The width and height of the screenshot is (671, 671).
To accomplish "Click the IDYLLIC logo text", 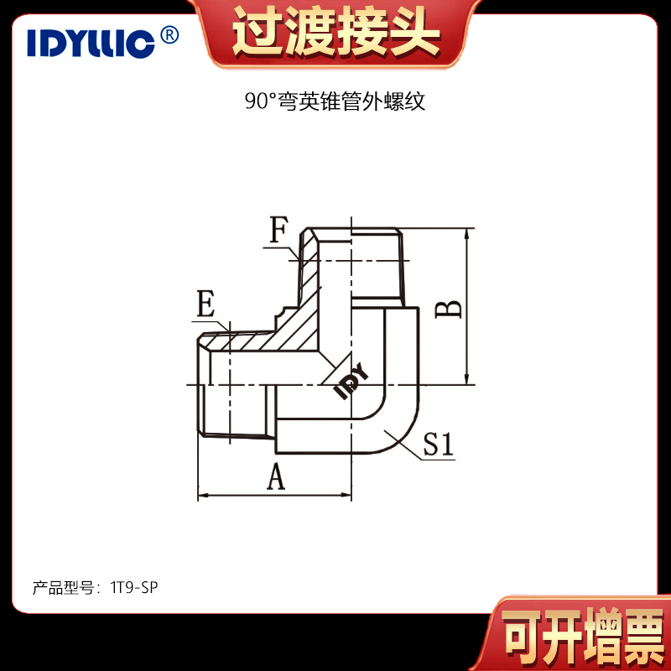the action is click(x=91, y=44).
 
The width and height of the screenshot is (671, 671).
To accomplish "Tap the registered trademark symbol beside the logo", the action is click(x=169, y=35).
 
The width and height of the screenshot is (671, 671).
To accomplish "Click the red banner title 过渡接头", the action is click(x=336, y=33).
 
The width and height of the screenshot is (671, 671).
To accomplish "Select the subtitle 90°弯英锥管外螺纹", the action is click(x=335, y=101).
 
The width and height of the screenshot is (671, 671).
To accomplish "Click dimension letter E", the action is click(x=205, y=304).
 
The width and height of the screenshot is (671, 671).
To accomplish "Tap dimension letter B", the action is click(x=449, y=309).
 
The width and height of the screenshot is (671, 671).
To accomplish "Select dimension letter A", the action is click(x=276, y=477).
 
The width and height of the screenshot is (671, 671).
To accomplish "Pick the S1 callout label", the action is click(x=438, y=444).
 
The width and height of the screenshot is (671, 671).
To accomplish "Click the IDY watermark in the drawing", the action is click(x=351, y=381).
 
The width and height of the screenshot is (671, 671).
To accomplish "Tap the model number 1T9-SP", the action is click(x=134, y=588).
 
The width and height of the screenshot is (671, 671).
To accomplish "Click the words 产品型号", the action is click(x=63, y=588).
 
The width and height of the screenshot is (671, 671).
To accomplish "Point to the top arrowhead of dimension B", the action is click(x=468, y=234).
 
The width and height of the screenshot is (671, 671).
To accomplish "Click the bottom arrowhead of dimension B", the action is click(x=468, y=379).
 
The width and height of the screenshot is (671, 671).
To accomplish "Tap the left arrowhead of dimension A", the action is click(x=203, y=496).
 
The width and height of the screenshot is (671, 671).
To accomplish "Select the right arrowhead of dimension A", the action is click(x=346, y=496).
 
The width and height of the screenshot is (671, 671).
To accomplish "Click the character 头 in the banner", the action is click(x=414, y=33).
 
